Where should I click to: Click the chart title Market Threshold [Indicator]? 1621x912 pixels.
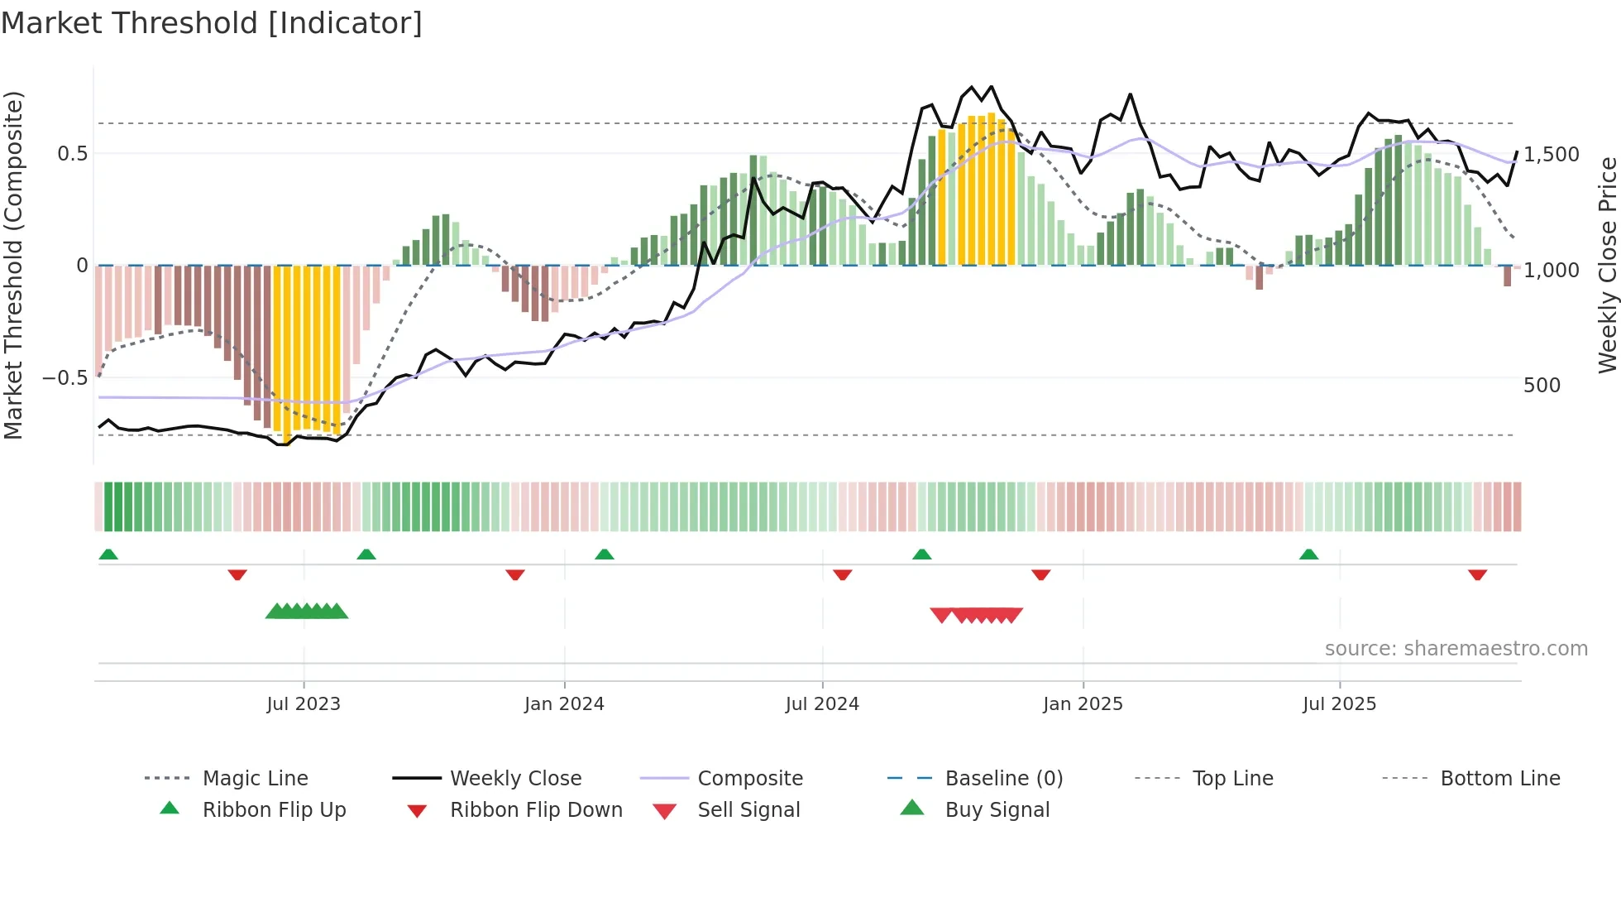point(212,23)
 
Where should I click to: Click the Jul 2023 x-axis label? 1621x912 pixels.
point(304,704)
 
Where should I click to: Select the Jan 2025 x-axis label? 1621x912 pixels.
point(1083,704)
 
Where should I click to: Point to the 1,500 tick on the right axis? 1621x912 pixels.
point(1552,155)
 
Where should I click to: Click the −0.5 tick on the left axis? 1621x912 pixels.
point(65,378)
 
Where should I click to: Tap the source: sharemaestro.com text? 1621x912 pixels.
point(1456,649)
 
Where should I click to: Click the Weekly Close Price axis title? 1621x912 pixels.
point(1607,265)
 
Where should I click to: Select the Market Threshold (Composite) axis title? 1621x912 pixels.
point(13,265)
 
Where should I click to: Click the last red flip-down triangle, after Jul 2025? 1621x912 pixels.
point(1477,574)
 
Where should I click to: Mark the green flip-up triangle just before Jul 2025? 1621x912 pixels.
point(1308,554)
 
